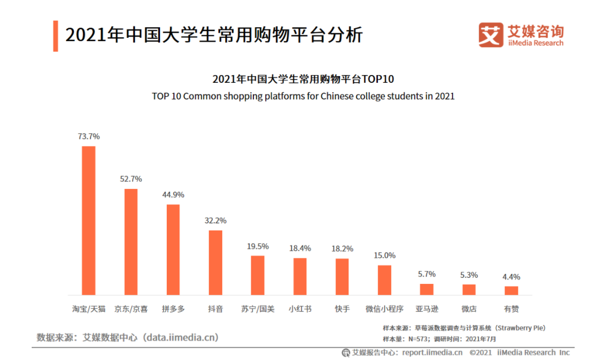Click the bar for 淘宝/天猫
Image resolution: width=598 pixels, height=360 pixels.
[88, 221]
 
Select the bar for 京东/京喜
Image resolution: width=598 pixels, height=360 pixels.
[131, 242]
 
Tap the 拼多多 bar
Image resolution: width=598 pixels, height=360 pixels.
[173, 249]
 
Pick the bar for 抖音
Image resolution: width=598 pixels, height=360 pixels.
[215, 262]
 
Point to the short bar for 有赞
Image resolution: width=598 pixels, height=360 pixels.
[511, 291]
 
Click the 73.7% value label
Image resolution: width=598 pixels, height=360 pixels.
[89, 136]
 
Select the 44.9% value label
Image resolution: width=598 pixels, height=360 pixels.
[173, 195]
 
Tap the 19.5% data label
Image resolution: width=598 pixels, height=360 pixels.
[258, 246]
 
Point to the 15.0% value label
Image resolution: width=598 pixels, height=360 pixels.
[385, 256]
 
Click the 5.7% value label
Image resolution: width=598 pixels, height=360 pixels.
[427, 274]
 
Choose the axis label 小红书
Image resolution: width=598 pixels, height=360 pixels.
[300, 309]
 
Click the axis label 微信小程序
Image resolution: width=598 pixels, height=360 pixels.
[385, 309]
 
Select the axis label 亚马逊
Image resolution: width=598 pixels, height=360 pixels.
[427, 309]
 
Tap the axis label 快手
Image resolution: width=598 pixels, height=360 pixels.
[342, 309]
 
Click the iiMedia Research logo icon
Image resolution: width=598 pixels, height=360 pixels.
[491, 35]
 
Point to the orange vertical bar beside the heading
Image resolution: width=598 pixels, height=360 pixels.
[56, 36]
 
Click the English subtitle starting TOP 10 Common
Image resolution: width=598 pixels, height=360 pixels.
[303, 96]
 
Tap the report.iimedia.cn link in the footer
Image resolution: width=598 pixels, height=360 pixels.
[432, 352]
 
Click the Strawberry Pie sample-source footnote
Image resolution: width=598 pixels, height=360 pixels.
[464, 328]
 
